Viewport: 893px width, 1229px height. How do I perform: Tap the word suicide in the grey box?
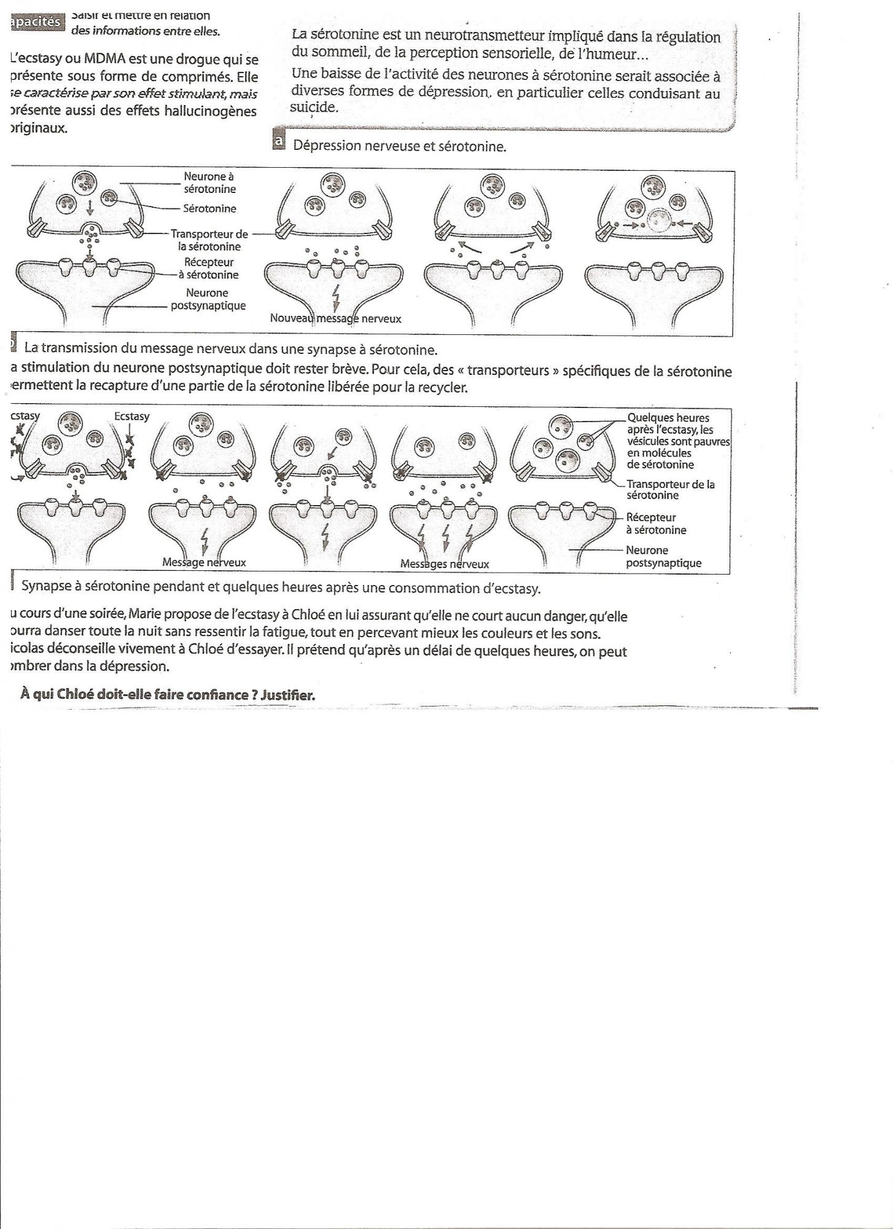coord(314,108)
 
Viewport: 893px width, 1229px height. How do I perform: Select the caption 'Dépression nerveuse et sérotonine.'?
coord(400,147)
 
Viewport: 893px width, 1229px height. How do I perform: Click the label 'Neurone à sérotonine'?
coord(209,183)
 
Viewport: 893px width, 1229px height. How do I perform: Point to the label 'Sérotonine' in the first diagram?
coord(209,209)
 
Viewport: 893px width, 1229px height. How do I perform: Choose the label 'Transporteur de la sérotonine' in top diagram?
coord(209,240)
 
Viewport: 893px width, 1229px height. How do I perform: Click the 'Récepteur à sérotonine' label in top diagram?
coord(209,269)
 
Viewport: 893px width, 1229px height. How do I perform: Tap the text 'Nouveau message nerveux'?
coord(335,319)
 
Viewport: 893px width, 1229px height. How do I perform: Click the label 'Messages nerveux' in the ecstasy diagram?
coord(444,564)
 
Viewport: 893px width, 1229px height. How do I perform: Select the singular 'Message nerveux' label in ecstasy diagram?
coord(204,562)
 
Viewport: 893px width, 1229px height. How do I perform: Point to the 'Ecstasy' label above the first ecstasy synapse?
coord(131,417)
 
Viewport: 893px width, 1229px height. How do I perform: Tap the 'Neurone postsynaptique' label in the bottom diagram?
coord(663,557)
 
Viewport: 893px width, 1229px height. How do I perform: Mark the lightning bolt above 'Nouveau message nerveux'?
coord(335,297)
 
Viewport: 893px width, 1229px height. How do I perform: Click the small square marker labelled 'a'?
coord(278,142)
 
